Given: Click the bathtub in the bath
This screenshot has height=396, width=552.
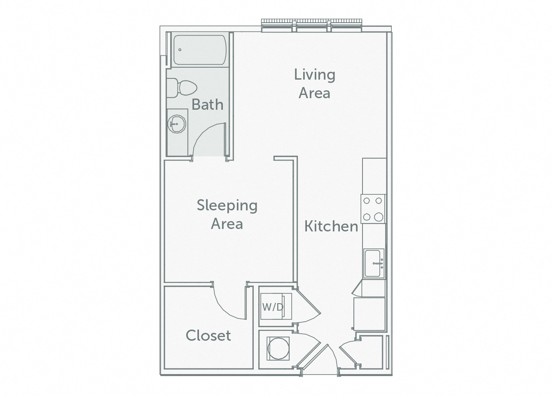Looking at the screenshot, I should (x=199, y=50).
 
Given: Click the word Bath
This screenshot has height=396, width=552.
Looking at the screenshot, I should (x=207, y=105).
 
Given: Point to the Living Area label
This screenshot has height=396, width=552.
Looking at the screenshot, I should (x=315, y=84).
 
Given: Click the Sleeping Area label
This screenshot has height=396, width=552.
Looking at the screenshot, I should (x=227, y=214).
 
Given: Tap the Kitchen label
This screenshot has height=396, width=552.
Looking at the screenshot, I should (x=331, y=226).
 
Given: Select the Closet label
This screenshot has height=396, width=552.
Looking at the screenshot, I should (x=208, y=335).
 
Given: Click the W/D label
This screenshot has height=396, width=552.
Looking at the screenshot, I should (x=273, y=307).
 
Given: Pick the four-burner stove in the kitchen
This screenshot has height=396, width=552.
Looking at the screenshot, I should (x=373, y=209).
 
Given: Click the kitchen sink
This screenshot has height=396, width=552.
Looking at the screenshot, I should (x=374, y=263).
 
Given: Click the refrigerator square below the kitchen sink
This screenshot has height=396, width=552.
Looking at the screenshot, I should (x=369, y=313).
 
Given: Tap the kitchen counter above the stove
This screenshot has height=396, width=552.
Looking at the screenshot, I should (x=374, y=176).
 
